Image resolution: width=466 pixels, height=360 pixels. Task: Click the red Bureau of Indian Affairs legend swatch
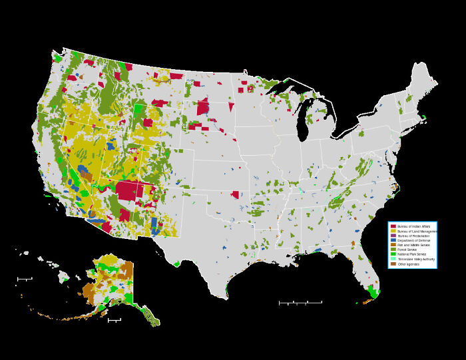393,226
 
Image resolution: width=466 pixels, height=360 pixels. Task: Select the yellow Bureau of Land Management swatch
393,231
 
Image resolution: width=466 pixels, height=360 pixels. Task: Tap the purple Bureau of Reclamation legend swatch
393,236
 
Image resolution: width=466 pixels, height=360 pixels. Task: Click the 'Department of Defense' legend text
413,240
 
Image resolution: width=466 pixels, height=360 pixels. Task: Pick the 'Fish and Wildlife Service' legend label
413,245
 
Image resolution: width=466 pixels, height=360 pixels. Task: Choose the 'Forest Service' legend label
407,250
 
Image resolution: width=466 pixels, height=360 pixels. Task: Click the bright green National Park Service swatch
393,254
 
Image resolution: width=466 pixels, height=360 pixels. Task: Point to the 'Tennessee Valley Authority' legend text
416,259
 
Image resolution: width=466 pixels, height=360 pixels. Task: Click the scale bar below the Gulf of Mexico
300,303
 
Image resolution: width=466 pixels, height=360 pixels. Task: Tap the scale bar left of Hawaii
24,279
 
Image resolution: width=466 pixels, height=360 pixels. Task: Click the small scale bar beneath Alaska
114,320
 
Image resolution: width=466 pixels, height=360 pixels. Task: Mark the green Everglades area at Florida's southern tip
373,293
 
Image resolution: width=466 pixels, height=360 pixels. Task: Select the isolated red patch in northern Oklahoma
234,195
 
